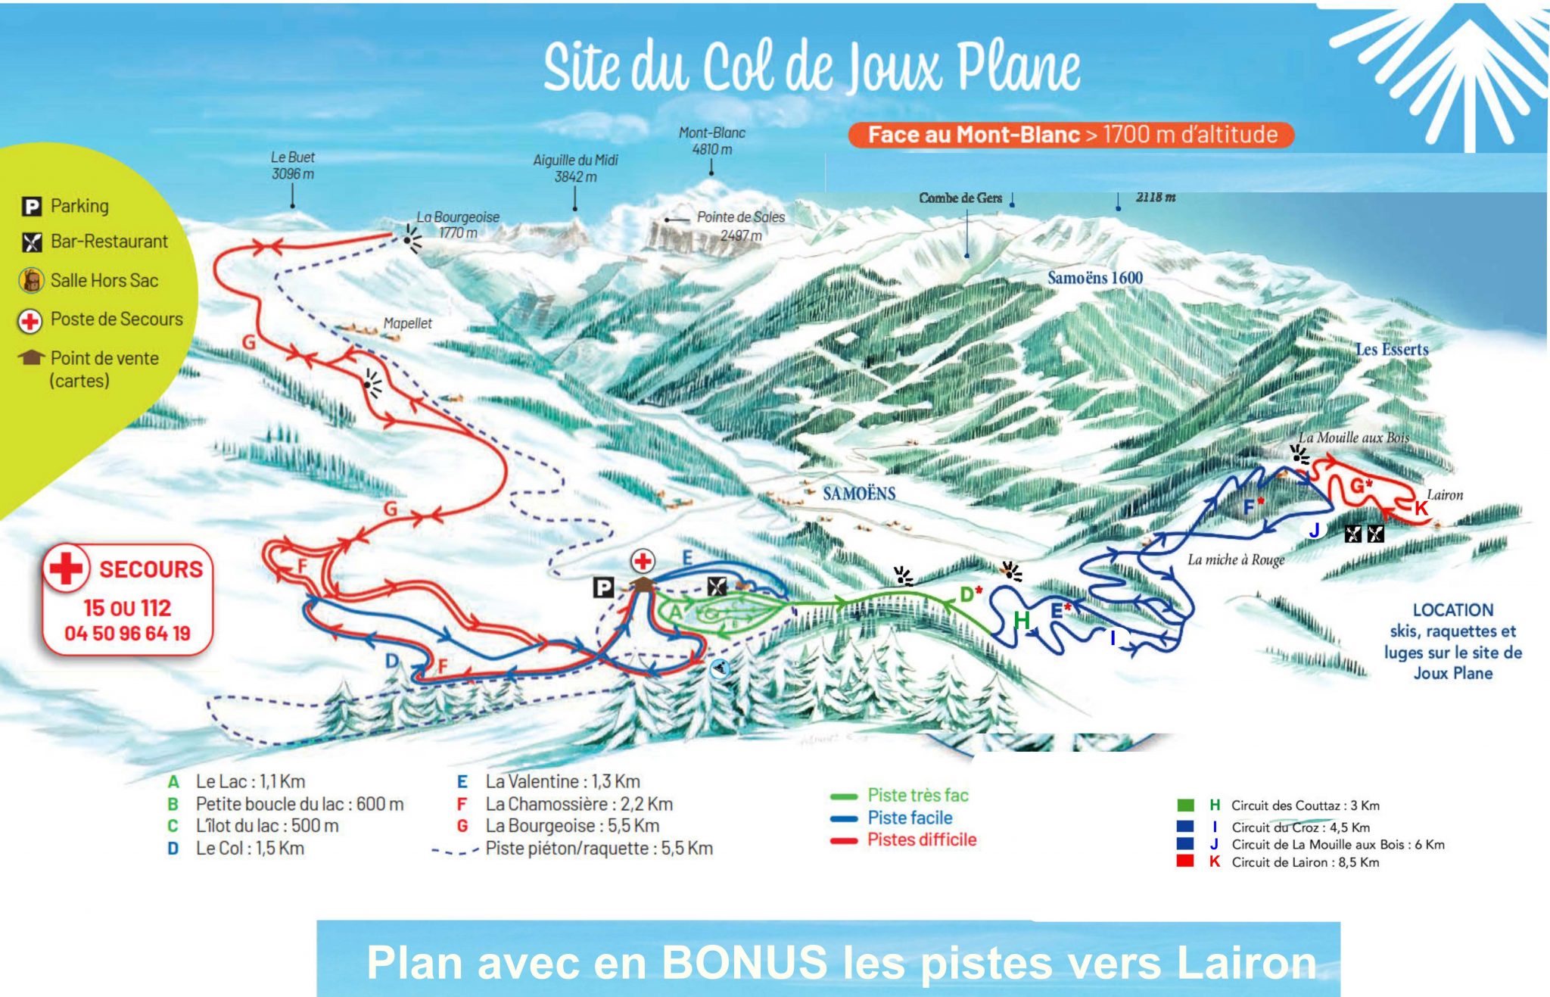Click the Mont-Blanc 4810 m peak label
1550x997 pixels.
tap(711, 141)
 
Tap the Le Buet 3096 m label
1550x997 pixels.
tap(292, 165)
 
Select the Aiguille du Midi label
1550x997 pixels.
tap(575, 168)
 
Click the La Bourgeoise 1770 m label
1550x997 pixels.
tap(458, 225)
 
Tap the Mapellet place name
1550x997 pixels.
tap(407, 323)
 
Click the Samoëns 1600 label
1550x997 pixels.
tap(1094, 278)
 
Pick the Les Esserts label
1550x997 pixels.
tap(1391, 349)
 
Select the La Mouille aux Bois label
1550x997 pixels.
tap(1353, 438)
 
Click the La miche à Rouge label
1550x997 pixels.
tap(1236, 559)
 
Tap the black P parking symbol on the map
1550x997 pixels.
tap(603, 587)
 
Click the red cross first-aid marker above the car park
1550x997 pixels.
tap(643, 561)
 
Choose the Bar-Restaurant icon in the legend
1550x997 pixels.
tap(31, 242)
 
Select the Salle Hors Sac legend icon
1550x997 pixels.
tap(31, 281)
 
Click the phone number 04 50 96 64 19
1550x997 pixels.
tap(127, 634)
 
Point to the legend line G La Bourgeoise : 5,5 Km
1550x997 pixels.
tap(571, 826)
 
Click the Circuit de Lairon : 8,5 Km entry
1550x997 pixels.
tap(1304, 862)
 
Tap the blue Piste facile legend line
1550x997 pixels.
tap(909, 818)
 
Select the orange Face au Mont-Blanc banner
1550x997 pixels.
tap(1071, 135)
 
